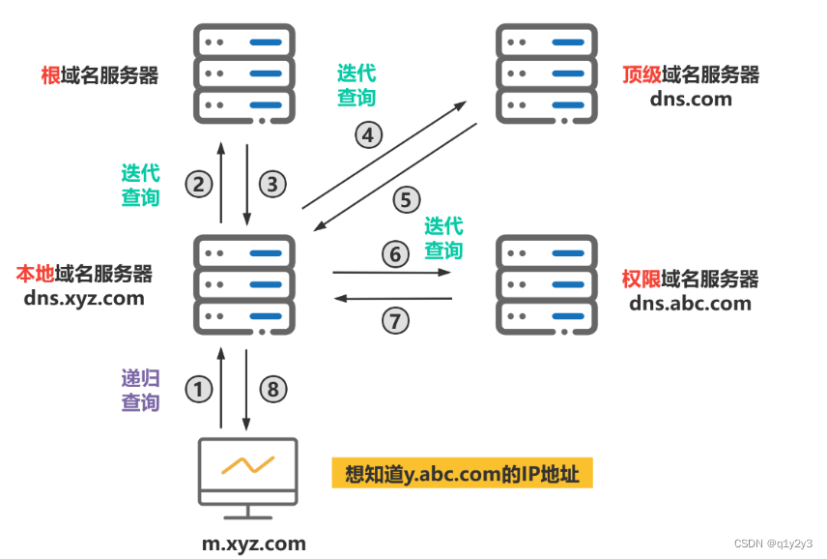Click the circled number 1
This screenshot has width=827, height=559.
[x=198, y=390]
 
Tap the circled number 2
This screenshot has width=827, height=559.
[x=198, y=184]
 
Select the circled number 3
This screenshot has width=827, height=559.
[x=273, y=184]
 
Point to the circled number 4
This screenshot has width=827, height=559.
[x=367, y=134]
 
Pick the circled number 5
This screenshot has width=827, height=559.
[x=406, y=200]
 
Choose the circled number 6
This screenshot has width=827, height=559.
[x=394, y=254]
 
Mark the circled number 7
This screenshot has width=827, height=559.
[x=394, y=320]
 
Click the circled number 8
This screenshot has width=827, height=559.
[x=273, y=390]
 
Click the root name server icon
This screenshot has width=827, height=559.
[x=244, y=74]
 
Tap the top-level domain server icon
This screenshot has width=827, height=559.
[x=545, y=74]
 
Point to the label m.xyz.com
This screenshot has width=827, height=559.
[x=254, y=544]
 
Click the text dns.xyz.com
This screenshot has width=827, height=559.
[x=85, y=298]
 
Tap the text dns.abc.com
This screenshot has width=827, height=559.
[x=690, y=303]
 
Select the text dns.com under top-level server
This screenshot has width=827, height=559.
[x=692, y=99]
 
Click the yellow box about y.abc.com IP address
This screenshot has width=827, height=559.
[x=462, y=475]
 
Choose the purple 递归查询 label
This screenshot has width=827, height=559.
[x=140, y=390]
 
